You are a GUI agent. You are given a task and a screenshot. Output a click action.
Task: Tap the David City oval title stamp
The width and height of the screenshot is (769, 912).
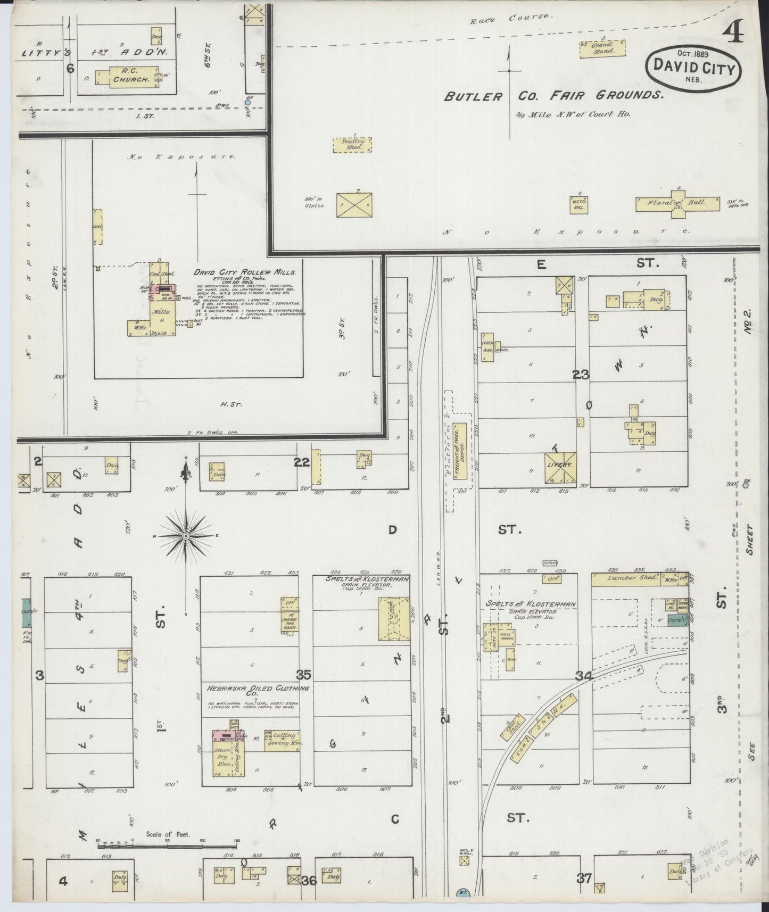(692, 68)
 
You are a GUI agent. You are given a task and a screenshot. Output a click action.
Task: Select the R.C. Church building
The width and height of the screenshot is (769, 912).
(127, 76)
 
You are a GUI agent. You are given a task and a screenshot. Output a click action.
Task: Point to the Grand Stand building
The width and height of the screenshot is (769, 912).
(602, 48)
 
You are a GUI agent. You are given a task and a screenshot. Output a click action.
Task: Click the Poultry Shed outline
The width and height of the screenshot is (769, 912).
(352, 145)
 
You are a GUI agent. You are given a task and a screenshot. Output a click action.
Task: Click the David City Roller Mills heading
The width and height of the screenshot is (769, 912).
(244, 272)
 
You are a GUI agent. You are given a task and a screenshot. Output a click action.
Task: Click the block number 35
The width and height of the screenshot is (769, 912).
(304, 675)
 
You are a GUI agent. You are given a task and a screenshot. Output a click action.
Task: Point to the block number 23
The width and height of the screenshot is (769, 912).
(581, 375)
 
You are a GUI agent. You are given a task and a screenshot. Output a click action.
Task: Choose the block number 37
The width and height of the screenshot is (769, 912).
(584, 878)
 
